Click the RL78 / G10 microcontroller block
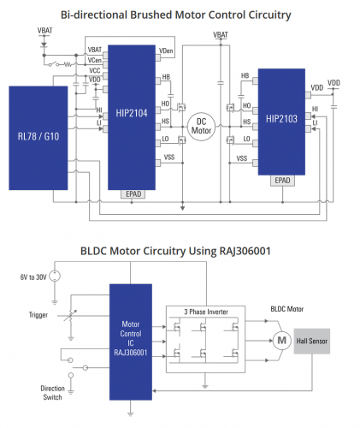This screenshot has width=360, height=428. pos(38,138)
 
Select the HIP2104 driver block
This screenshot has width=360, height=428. pos(132,117)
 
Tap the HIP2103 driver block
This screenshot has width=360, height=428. pos(281,122)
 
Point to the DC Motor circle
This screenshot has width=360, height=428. pos(201,127)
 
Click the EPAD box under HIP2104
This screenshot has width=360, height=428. pos(133,194)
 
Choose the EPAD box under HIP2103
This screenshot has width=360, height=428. pos(282,181)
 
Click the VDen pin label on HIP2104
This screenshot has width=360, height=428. pos(166,51)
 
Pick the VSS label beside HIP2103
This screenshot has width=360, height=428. pos(242,158)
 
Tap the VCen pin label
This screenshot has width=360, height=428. pos(95,60)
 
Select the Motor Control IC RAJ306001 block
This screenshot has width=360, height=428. pos(131,342)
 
